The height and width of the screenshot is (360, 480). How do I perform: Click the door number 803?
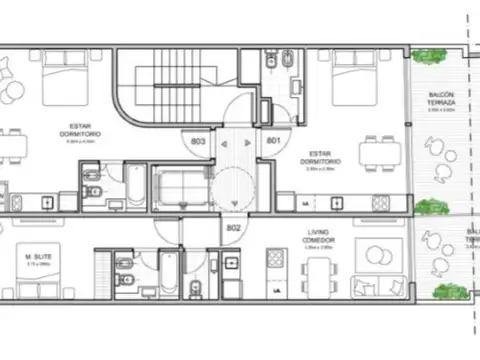[x=198, y=142]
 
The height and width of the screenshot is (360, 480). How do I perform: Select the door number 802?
[x=234, y=229]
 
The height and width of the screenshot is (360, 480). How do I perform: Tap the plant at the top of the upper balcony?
[x=429, y=58]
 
